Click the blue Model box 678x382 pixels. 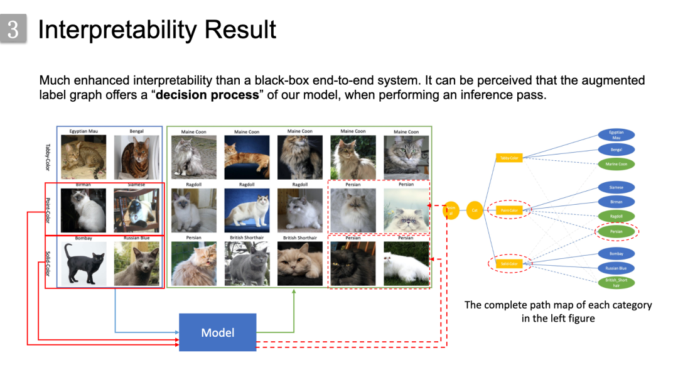click(x=218, y=332)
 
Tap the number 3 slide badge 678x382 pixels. click(x=13, y=30)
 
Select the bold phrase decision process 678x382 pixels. click(x=207, y=95)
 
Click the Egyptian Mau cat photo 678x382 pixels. click(x=87, y=157)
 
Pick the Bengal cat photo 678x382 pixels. click(x=136, y=157)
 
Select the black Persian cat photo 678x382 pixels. click(x=353, y=264)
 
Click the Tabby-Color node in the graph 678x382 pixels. click(x=509, y=158)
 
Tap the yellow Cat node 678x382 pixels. click(x=475, y=210)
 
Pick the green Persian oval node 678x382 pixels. click(x=616, y=231)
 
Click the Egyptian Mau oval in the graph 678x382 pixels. click(x=616, y=134)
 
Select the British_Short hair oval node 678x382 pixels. click(x=616, y=283)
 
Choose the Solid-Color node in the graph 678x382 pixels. click(x=509, y=263)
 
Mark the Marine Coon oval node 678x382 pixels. click(x=616, y=164)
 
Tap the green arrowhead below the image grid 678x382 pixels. click(x=294, y=292)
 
